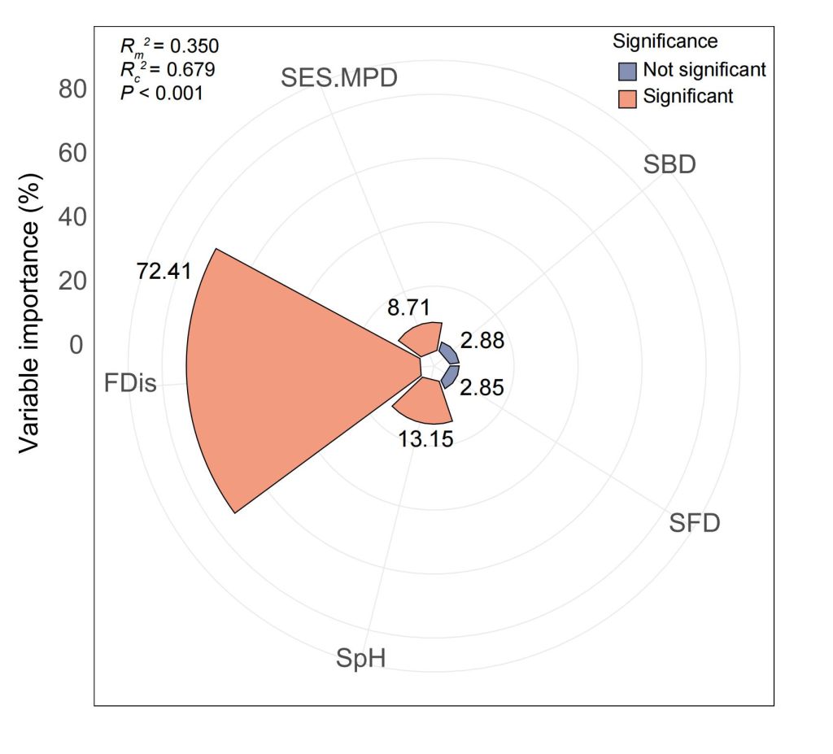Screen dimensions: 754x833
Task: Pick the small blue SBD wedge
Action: point(449,355)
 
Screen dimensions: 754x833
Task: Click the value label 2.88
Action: point(482,340)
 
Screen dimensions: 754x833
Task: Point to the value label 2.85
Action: point(482,387)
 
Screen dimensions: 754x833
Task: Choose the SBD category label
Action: point(669,164)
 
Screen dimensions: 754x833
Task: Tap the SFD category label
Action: point(695,522)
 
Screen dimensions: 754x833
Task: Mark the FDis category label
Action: point(130,382)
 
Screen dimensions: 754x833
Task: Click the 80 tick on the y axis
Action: point(72,89)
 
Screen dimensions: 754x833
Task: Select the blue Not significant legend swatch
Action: point(627,70)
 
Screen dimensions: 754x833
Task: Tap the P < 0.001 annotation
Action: point(161,93)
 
